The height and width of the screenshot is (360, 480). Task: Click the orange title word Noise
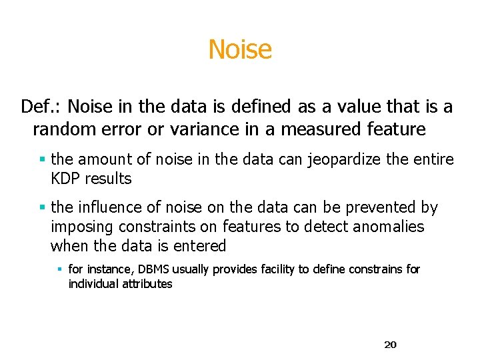pos(240,49)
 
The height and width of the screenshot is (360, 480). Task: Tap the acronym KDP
pos(67,179)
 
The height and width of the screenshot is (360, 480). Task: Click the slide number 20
pos(391,345)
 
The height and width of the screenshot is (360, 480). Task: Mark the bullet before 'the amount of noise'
pos(42,160)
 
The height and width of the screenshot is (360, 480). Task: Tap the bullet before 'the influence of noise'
pos(42,208)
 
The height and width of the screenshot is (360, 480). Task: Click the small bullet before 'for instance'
pos(59,269)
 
